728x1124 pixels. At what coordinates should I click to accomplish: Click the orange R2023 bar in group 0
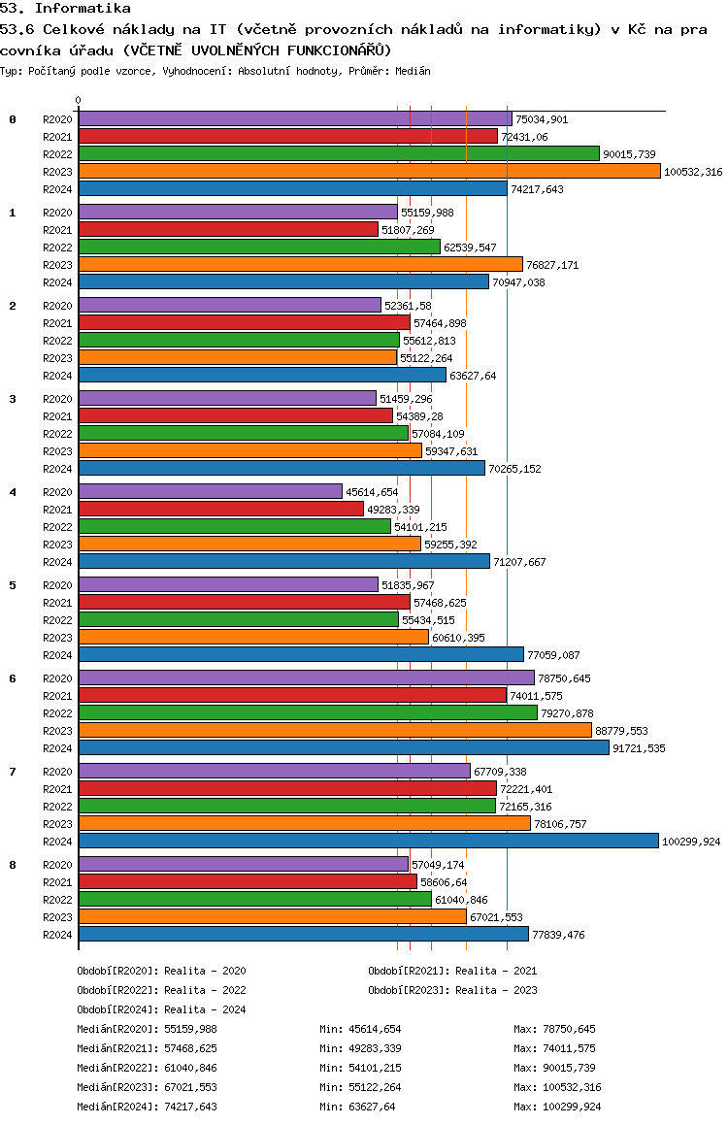click(369, 171)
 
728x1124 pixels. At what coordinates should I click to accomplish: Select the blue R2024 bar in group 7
click(368, 841)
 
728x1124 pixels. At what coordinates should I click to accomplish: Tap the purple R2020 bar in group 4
click(210, 491)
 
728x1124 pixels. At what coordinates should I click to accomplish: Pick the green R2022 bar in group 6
click(308, 712)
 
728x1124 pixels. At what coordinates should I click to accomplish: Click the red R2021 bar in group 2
click(244, 322)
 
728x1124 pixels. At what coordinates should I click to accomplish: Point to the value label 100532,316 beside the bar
click(693, 172)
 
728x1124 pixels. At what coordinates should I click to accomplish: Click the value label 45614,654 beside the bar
click(372, 492)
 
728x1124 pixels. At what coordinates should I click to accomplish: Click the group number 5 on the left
click(13, 585)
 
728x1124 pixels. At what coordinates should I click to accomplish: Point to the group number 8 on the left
click(13, 865)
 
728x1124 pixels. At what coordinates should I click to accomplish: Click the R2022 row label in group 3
click(58, 434)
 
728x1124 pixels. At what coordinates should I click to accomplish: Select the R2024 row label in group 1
click(58, 282)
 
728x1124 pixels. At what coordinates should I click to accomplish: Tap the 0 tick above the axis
click(79, 100)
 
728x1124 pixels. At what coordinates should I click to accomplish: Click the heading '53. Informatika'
click(65, 8)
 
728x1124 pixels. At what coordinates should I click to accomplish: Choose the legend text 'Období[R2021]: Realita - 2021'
click(452, 971)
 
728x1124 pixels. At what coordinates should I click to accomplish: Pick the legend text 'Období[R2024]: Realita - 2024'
click(161, 1009)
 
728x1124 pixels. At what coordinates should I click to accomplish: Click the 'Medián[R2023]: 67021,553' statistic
click(147, 1087)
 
